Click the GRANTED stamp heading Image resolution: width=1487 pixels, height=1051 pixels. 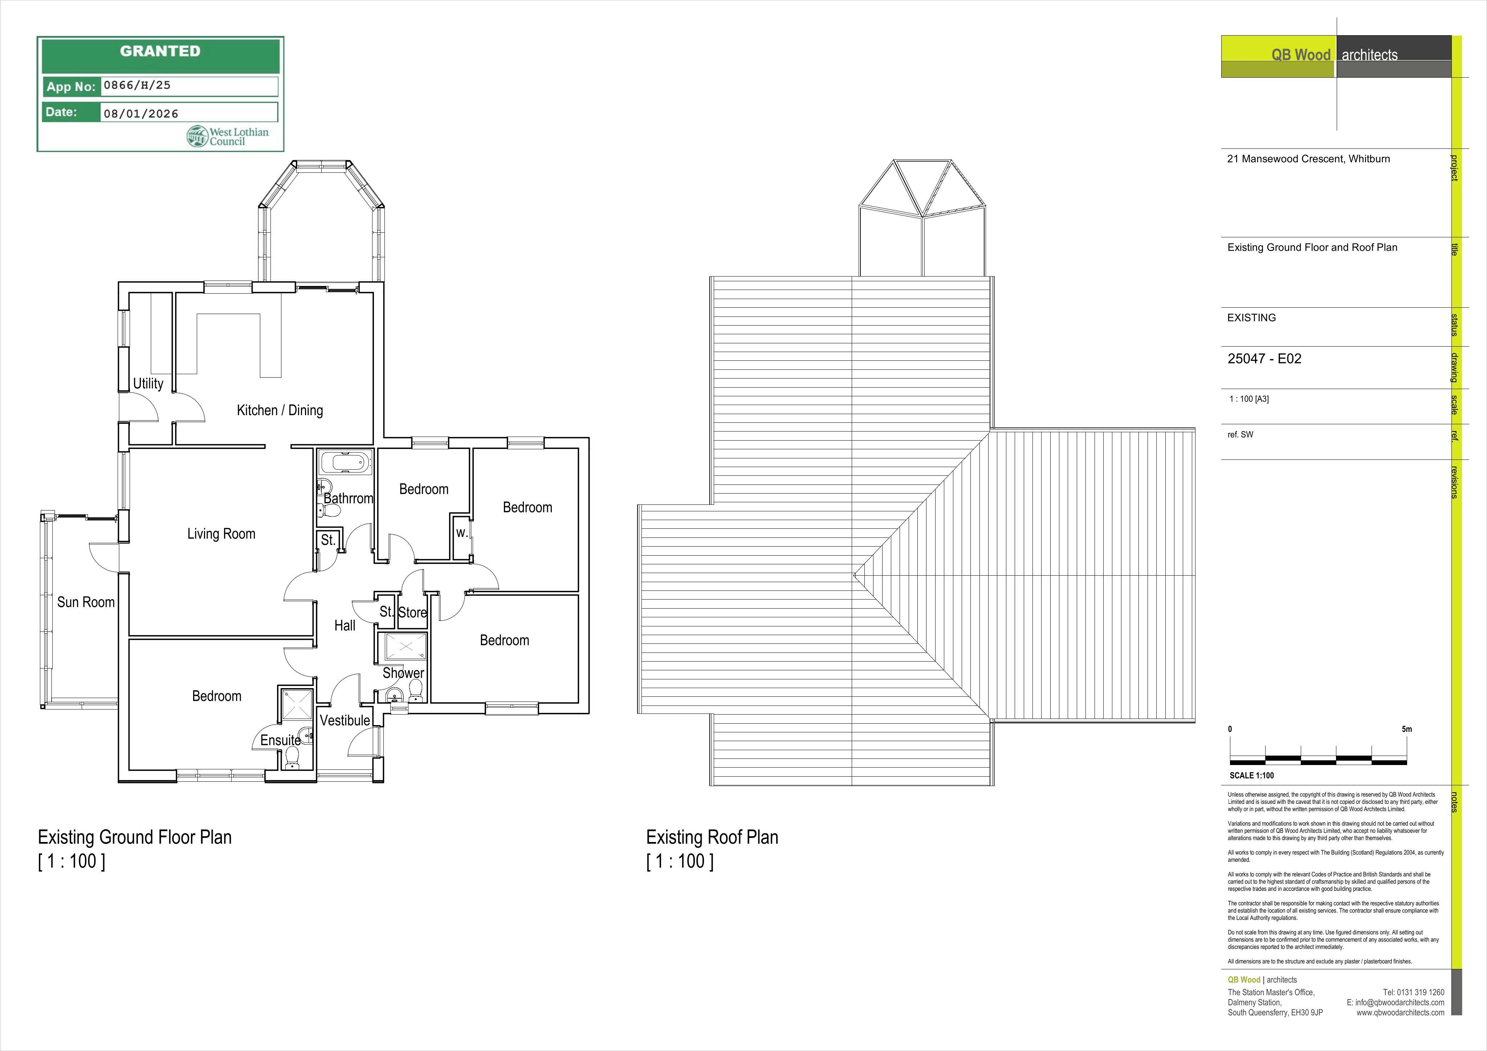tap(160, 51)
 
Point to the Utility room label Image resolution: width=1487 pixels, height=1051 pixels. tap(148, 383)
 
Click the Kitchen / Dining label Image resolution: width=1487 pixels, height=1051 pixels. tap(280, 410)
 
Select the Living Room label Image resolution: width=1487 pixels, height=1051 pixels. tap(221, 533)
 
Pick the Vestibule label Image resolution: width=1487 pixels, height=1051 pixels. tap(345, 720)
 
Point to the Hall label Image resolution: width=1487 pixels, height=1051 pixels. tap(345, 626)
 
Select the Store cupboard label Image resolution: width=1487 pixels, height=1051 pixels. tap(412, 613)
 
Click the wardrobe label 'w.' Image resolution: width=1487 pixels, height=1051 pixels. tap(461, 533)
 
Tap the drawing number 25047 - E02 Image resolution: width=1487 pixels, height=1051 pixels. tap(1264, 359)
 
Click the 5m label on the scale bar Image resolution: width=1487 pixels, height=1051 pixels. tap(1407, 729)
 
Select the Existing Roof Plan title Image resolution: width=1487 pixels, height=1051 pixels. tap(712, 837)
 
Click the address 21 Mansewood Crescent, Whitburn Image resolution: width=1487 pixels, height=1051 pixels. tap(1308, 159)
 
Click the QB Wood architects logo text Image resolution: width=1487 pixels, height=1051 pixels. tap(1334, 55)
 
